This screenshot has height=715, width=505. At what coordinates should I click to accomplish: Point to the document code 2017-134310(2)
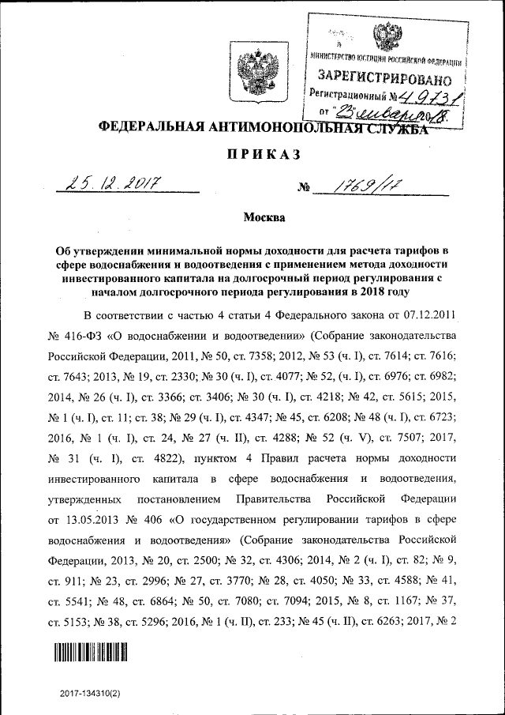(92, 693)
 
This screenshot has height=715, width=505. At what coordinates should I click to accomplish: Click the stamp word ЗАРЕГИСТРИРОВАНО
(384, 77)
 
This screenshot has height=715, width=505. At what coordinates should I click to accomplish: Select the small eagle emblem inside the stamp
(387, 36)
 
